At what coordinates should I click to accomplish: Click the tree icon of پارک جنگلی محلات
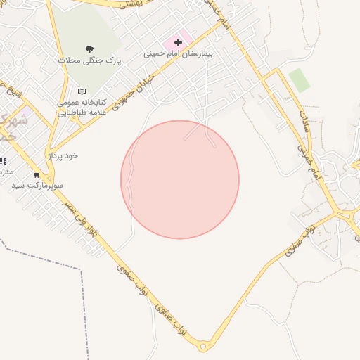point(89,49)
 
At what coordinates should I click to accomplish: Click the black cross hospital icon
point(178,42)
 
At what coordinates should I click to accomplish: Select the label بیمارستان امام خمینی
point(178,53)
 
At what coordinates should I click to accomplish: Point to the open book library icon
point(82,91)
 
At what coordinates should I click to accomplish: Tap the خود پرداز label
point(63,155)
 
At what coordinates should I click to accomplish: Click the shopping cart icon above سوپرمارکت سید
point(37,174)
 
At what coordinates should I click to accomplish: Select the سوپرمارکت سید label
point(37,185)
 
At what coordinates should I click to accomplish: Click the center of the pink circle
point(180,179)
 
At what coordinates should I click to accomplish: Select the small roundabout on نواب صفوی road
point(203,346)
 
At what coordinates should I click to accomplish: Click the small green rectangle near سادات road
point(300,80)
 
